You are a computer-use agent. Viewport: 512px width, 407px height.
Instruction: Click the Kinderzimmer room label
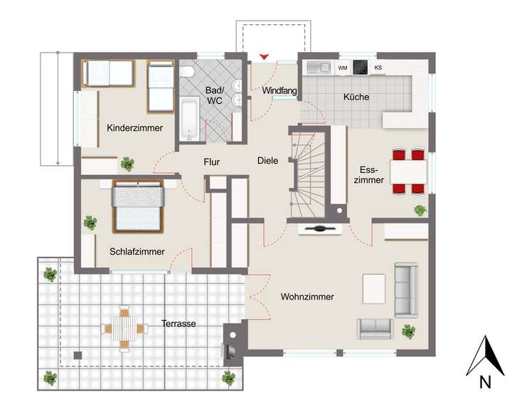point(135,128)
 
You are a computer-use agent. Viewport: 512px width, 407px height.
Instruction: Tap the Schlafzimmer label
point(137,251)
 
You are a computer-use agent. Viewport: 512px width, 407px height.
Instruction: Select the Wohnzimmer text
point(307,296)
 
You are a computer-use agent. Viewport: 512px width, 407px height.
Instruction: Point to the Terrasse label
point(178,323)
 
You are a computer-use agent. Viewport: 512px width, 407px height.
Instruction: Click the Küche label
point(356,97)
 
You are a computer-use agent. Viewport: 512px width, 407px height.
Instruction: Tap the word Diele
point(267,161)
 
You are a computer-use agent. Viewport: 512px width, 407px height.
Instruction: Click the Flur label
point(211,162)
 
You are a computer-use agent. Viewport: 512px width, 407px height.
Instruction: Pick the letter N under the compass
point(486,382)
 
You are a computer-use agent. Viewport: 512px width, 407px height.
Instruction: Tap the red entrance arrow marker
point(265,56)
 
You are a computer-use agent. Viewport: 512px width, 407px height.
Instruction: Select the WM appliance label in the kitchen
point(343,68)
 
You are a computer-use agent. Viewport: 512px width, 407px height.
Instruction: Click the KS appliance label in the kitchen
point(378,68)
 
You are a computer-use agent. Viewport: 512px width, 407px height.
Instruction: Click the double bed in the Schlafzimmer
point(138,205)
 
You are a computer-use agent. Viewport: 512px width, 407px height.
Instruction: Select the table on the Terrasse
point(124,328)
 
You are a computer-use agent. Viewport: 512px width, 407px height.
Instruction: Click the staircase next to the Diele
point(311,174)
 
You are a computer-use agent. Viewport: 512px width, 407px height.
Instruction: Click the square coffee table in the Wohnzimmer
point(374,287)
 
